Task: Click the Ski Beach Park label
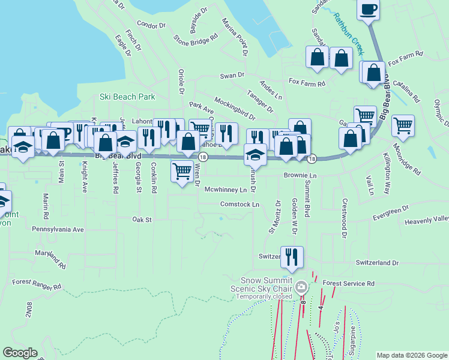click(127, 97)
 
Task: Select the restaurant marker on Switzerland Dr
click(292, 257)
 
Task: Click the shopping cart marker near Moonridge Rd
click(403, 126)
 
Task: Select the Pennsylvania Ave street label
click(58, 229)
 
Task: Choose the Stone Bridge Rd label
click(196, 41)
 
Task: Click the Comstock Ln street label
click(240, 205)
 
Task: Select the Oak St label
click(142, 220)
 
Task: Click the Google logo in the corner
click(20, 353)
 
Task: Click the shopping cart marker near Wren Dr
click(182, 171)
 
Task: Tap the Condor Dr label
click(151, 25)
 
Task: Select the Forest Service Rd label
click(348, 283)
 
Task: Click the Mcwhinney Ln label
click(225, 190)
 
